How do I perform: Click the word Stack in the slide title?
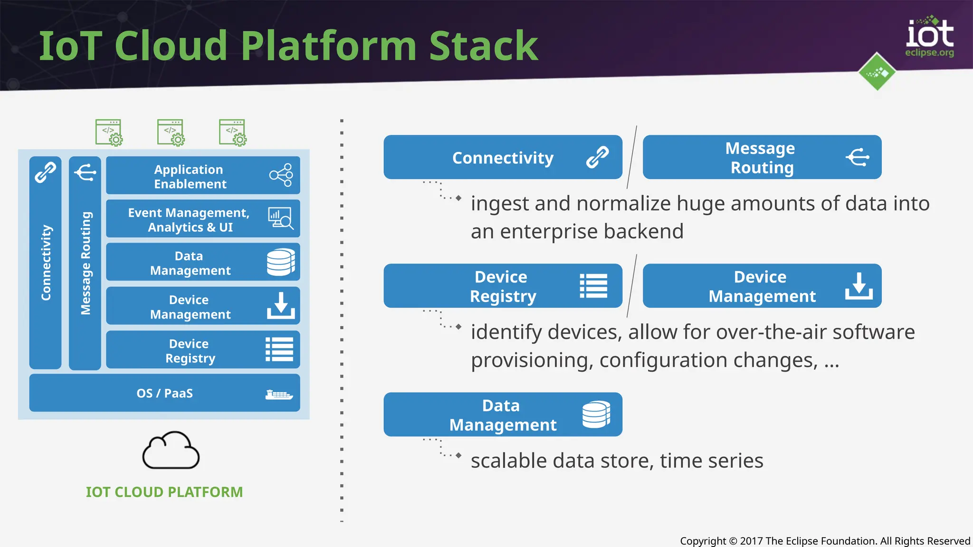click(x=483, y=46)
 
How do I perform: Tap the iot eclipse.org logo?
click(x=929, y=37)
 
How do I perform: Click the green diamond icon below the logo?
click(x=877, y=72)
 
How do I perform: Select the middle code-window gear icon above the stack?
click(x=171, y=132)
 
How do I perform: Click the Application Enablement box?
click(x=202, y=175)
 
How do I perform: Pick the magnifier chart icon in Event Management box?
click(x=280, y=218)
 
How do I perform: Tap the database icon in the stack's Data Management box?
click(x=280, y=262)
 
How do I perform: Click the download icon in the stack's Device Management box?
click(x=280, y=305)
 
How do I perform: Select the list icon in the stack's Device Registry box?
click(x=279, y=349)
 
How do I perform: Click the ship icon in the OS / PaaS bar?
click(x=279, y=394)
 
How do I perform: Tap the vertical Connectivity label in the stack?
click(x=46, y=263)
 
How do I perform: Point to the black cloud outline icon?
click(x=171, y=451)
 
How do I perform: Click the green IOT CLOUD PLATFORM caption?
click(x=164, y=492)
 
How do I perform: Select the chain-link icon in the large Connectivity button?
click(x=597, y=157)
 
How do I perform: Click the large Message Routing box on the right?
click(x=762, y=157)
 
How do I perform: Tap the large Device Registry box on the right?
click(x=503, y=286)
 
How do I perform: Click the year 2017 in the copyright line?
click(x=751, y=541)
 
